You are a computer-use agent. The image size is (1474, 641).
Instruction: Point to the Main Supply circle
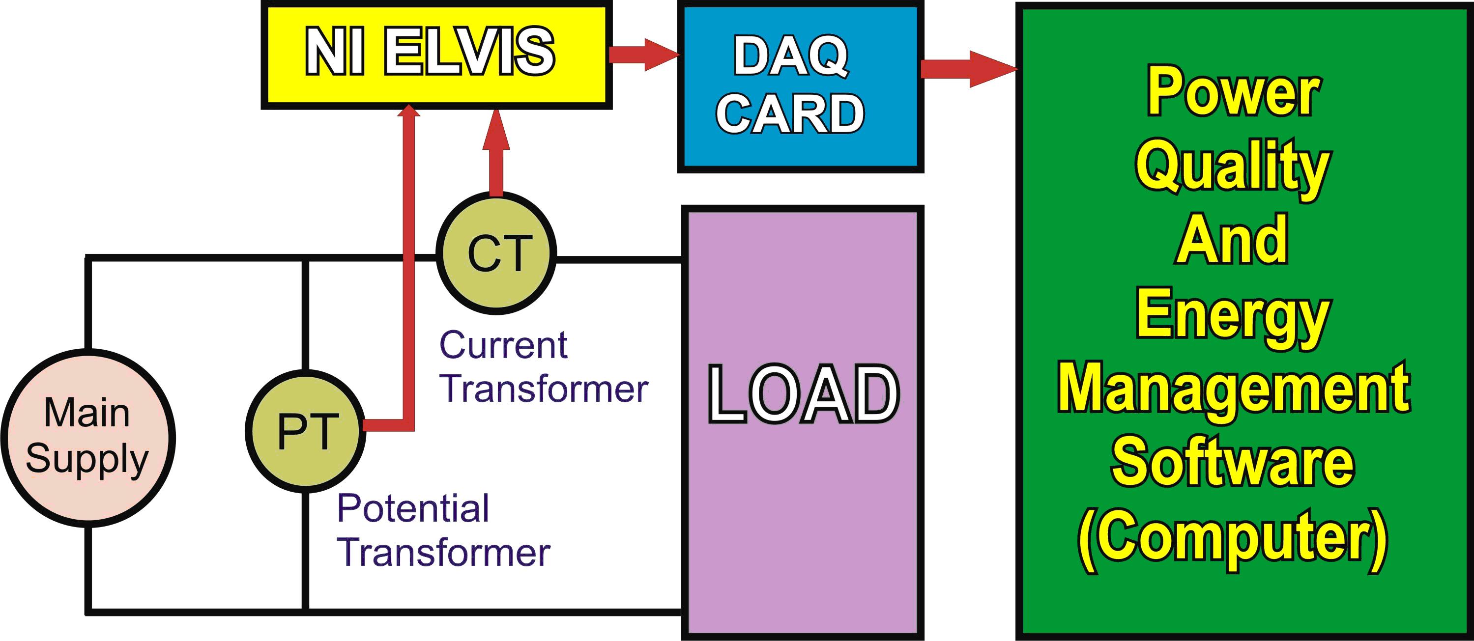(x=87, y=438)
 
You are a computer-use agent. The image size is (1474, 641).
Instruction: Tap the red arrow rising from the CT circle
(x=495, y=151)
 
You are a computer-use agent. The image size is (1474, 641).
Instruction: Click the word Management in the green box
(x=1233, y=389)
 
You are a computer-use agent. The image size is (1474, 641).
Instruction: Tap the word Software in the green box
(x=1233, y=463)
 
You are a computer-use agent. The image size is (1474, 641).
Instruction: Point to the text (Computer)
(x=1233, y=537)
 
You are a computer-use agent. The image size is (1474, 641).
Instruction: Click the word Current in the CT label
(x=503, y=345)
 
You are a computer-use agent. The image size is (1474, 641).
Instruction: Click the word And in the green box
(x=1232, y=240)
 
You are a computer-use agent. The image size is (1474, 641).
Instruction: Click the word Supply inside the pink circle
(x=87, y=459)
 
